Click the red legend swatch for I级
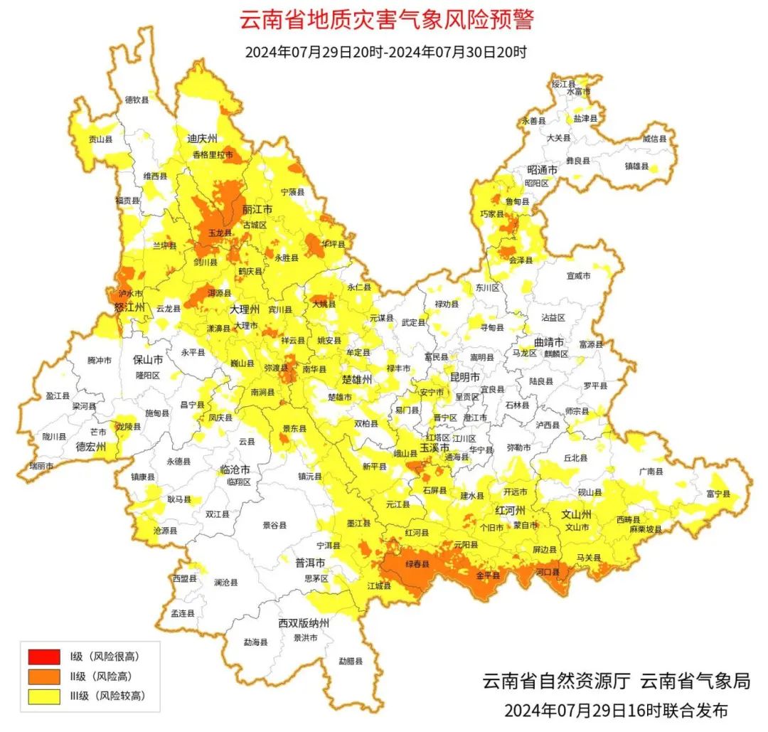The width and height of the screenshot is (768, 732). click(44, 657)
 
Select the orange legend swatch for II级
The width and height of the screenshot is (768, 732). click(44, 677)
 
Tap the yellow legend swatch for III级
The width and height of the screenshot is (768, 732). click(44, 696)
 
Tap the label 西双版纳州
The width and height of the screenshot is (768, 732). click(304, 623)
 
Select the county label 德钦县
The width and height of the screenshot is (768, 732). click(137, 100)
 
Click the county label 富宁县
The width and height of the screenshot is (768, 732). click(719, 494)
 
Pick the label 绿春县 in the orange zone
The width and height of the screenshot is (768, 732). click(418, 565)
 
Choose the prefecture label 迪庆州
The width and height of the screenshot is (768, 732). click(202, 139)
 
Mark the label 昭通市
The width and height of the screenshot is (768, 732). click(541, 170)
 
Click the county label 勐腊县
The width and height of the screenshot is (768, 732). click(351, 661)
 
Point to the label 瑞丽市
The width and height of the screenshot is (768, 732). click(41, 466)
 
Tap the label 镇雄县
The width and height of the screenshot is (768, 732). click(636, 166)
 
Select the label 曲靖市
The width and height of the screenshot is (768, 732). click(548, 341)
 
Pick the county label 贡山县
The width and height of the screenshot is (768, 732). click(100, 140)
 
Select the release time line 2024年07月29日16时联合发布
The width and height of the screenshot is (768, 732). click(616, 710)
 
